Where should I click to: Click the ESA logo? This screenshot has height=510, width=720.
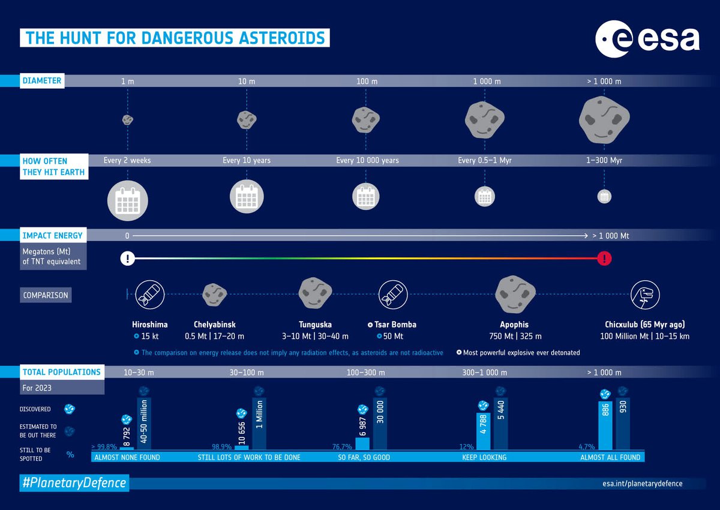[647, 41]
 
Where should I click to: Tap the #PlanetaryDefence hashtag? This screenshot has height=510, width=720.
[74, 482]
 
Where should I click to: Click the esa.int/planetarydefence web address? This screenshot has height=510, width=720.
[642, 483]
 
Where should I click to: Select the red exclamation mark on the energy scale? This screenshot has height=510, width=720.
[605, 259]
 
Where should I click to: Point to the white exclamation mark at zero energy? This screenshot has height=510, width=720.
[127, 259]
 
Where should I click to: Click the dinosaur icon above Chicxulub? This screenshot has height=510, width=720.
[645, 295]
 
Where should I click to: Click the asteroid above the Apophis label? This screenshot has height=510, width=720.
[515, 294]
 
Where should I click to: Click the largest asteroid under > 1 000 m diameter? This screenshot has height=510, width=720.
[604, 119]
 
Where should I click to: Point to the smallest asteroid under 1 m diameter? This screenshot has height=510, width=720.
[127, 119]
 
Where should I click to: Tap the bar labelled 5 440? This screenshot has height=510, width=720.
[501, 424]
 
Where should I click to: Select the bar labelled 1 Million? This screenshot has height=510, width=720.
[259, 424]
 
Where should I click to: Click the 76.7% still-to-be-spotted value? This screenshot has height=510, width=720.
[343, 446]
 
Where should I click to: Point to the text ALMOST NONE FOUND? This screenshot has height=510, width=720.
[127, 457]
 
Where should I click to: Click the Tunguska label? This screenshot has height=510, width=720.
[315, 325]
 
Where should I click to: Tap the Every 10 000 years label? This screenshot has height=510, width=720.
[367, 161]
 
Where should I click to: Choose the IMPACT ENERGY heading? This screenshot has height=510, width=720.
[53, 236]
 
